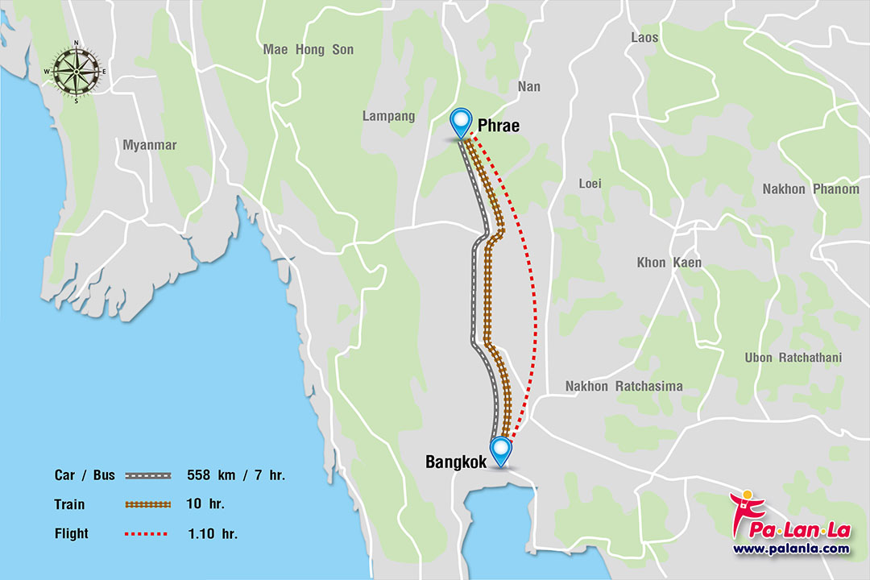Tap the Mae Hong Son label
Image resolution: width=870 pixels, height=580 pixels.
[308, 50]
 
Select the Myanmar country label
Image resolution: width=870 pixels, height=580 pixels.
[149, 145]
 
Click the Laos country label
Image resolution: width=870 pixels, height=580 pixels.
[644, 37]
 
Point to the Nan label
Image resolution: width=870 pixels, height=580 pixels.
[529, 86]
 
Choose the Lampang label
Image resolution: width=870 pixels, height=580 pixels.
[388, 116]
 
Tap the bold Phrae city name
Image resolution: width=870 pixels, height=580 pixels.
[498, 126]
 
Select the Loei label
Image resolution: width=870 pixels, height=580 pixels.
[590, 184]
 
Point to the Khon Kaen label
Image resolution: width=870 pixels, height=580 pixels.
[669, 263]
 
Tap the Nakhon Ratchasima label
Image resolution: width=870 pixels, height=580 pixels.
[623, 387]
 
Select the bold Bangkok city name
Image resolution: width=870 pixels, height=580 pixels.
[456, 462]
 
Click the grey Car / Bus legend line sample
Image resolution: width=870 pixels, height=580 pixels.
[148, 475]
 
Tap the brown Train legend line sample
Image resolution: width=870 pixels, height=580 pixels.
[148, 504]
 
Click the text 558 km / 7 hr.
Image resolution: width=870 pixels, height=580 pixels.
[235, 475]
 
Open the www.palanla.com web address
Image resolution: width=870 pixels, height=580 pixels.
[790, 549]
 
